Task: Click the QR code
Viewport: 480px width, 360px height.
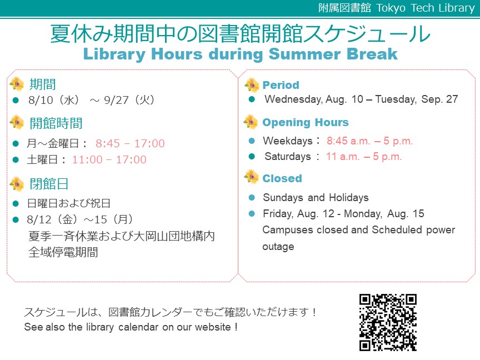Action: [388, 322]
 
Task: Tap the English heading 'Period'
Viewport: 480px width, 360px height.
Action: [281, 85]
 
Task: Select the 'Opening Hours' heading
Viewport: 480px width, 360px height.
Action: [306, 122]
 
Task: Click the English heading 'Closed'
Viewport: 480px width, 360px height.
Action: [282, 178]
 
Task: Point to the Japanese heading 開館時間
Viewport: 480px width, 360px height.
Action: [56, 123]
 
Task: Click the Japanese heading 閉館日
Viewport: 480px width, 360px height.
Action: [49, 184]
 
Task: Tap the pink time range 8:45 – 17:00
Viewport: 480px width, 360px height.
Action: [130, 143]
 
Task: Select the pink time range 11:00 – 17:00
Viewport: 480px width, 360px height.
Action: [109, 159]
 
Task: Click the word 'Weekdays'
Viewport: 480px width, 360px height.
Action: [288, 141]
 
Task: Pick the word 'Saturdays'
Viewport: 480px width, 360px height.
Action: [288, 157]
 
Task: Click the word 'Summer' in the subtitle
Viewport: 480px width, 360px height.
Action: [304, 54]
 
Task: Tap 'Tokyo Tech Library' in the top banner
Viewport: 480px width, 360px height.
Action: [426, 8]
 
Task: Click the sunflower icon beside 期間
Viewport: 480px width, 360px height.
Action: [17, 84]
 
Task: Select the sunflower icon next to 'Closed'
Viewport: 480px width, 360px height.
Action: [251, 177]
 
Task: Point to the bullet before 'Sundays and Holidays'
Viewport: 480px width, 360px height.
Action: [252, 198]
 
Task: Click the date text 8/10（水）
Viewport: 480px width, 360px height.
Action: [54, 100]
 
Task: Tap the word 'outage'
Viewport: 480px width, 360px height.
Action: [278, 247]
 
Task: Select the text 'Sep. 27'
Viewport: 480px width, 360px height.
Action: [439, 99]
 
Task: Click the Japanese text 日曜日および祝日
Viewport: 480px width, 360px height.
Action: [68, 203]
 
